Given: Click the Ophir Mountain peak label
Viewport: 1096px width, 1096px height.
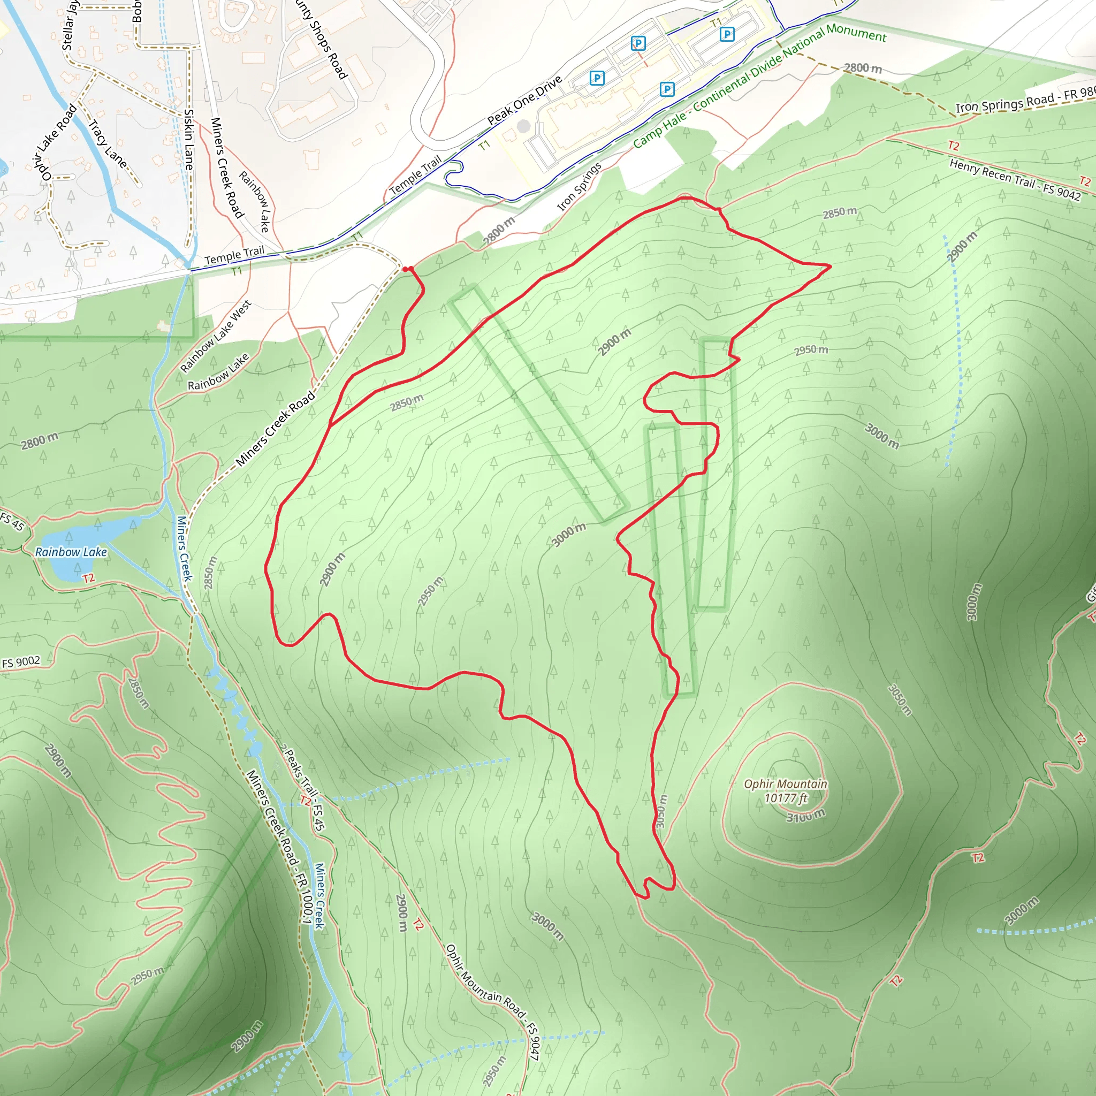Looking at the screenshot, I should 785,784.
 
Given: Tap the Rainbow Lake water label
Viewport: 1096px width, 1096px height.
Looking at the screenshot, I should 71,552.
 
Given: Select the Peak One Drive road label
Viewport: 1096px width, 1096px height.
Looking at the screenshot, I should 525,100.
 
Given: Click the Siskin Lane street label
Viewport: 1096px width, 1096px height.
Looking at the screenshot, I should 189,140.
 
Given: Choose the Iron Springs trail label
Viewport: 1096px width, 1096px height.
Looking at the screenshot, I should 579,187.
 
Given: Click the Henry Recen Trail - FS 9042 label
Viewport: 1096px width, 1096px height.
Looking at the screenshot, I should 1015,179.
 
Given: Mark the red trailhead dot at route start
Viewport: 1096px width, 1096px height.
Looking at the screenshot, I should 407,269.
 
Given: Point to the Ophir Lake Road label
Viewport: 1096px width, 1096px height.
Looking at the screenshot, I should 54,144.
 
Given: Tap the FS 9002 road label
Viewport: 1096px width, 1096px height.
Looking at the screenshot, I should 21,662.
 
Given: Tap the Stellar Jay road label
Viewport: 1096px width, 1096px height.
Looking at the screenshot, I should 69,26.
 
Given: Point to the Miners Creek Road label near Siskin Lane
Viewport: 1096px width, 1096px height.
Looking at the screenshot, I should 226,168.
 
